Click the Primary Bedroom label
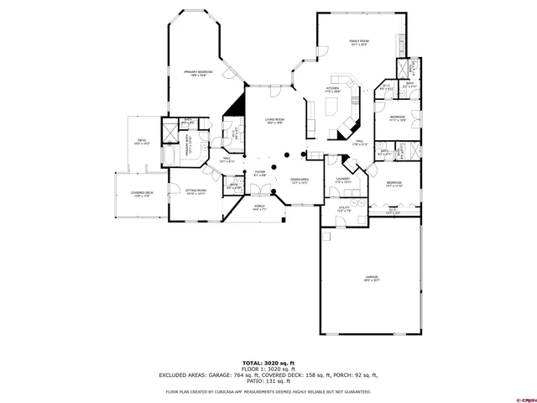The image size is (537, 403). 198,74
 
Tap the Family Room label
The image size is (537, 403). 359,43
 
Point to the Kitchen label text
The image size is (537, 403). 332,89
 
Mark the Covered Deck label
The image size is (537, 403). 142,195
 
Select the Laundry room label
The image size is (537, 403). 342,180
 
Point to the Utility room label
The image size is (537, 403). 344,208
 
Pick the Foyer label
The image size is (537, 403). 260,174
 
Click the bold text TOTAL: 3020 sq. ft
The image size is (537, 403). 268,362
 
